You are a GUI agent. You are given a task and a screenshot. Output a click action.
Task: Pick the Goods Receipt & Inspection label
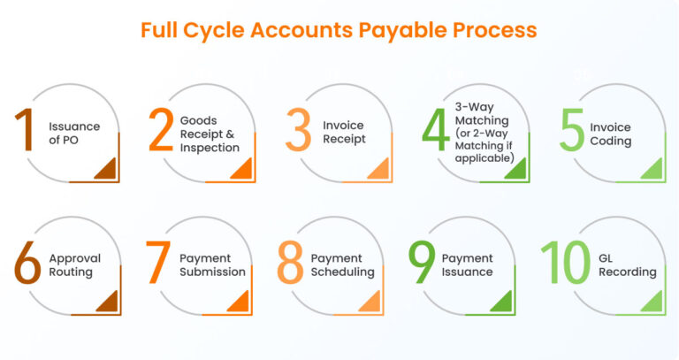[x=210, y=134]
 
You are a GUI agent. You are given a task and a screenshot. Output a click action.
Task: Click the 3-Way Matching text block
[x=484, y=134]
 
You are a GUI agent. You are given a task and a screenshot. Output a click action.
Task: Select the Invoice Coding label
[x=611, y=134]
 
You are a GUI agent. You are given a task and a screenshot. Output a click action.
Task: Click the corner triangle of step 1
[x=109, y=170]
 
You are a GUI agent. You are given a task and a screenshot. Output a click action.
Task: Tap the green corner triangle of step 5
[x=652, y=170]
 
